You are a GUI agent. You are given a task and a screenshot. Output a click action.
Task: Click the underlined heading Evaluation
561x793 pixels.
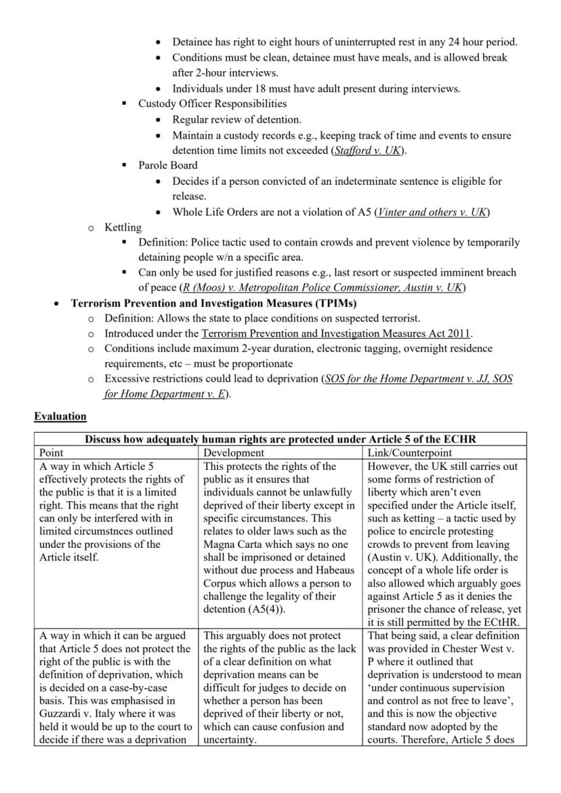point(60,416)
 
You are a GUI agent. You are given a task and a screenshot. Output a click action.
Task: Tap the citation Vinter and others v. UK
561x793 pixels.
point(432,212)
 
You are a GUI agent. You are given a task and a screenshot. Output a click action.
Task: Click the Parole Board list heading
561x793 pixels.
point(168,165)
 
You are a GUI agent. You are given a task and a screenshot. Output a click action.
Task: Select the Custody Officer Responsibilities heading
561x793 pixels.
point(212,104)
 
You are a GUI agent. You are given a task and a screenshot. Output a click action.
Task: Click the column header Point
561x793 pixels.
point(51,452)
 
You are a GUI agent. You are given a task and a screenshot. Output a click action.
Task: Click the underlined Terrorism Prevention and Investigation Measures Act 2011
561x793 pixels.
point(336,333)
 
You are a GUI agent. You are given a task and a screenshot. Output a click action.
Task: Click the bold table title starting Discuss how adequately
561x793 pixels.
point(280,439)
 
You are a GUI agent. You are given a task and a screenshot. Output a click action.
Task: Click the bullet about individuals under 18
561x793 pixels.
point(316,89)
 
